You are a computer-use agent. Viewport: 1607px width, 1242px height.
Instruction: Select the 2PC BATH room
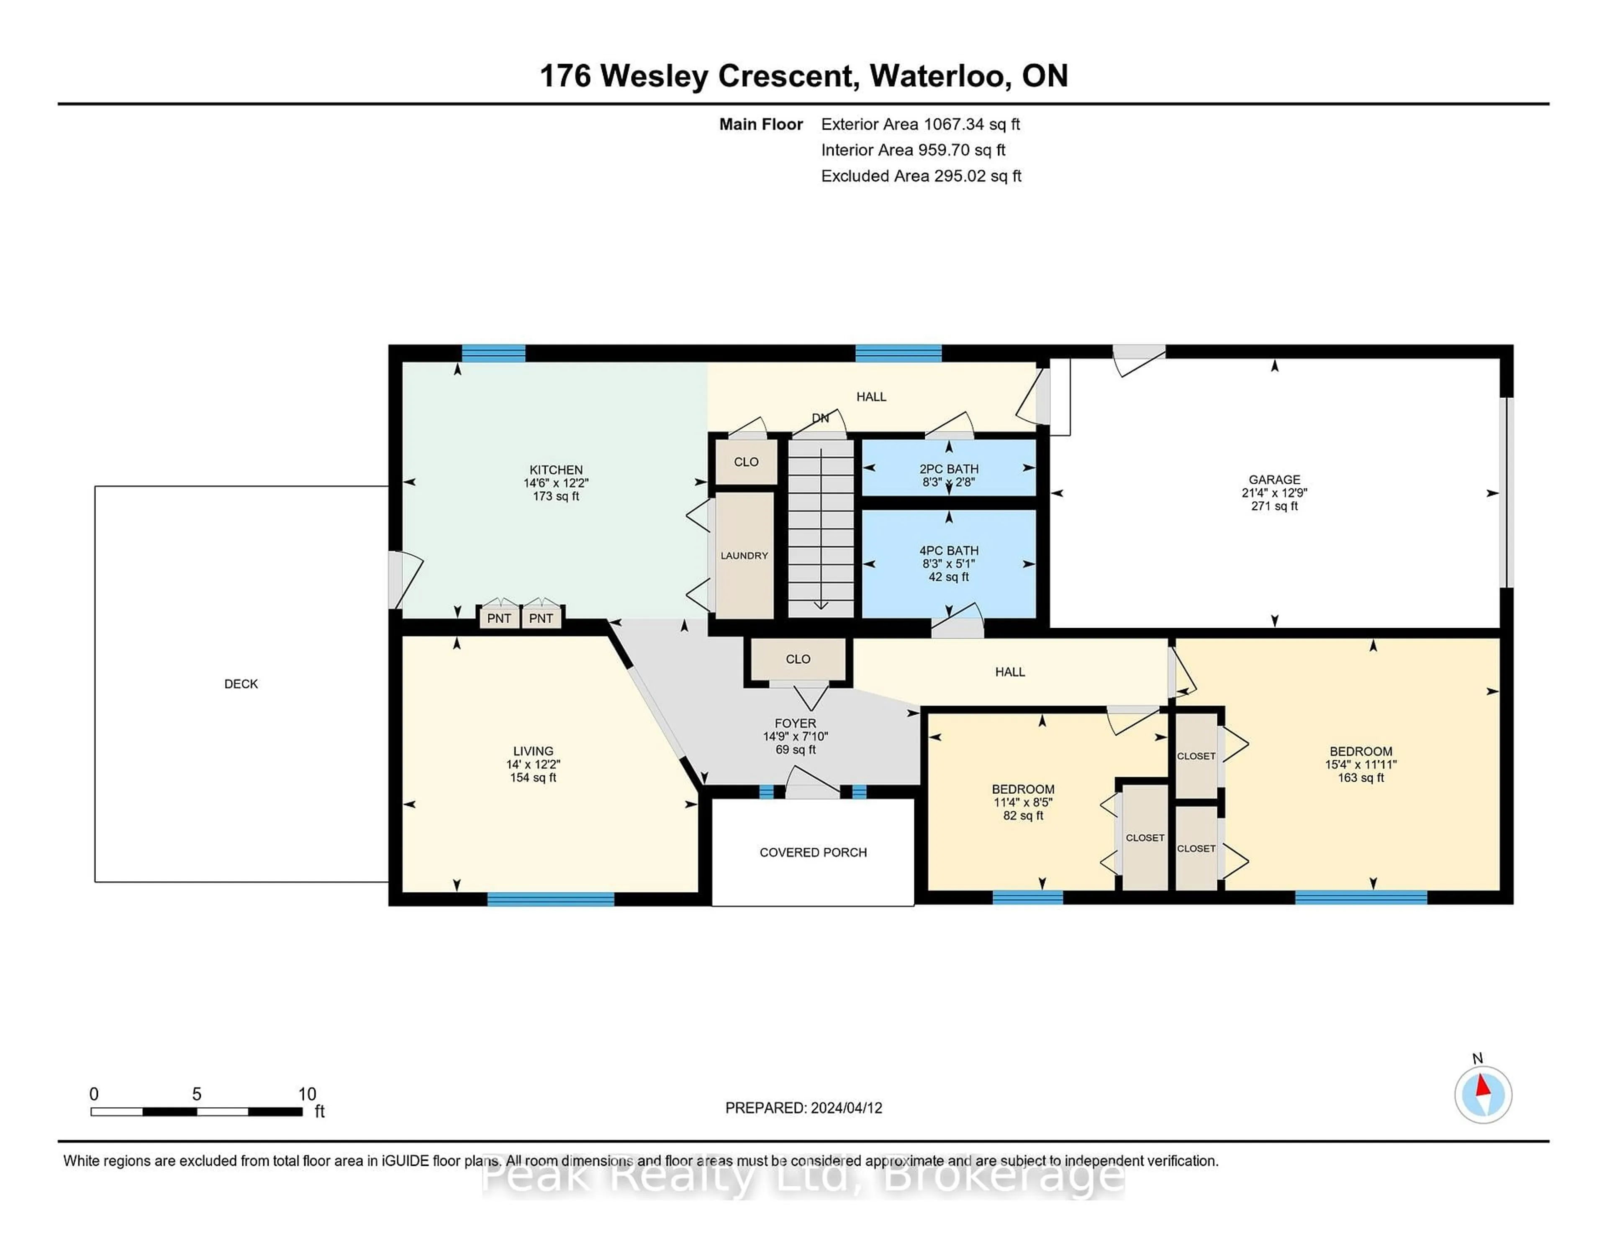[948, 469]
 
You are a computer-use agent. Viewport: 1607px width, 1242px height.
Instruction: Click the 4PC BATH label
[948, 550]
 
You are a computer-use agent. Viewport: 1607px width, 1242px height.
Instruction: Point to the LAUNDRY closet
[744, 556]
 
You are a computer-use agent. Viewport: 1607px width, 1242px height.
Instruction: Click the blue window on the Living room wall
[550, 898]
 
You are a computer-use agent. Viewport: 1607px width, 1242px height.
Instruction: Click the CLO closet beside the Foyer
[798, 659]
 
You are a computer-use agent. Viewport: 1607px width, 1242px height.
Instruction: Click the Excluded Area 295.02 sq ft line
[921, 176]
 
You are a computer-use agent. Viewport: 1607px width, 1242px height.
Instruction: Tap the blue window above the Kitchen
[493, 354]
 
